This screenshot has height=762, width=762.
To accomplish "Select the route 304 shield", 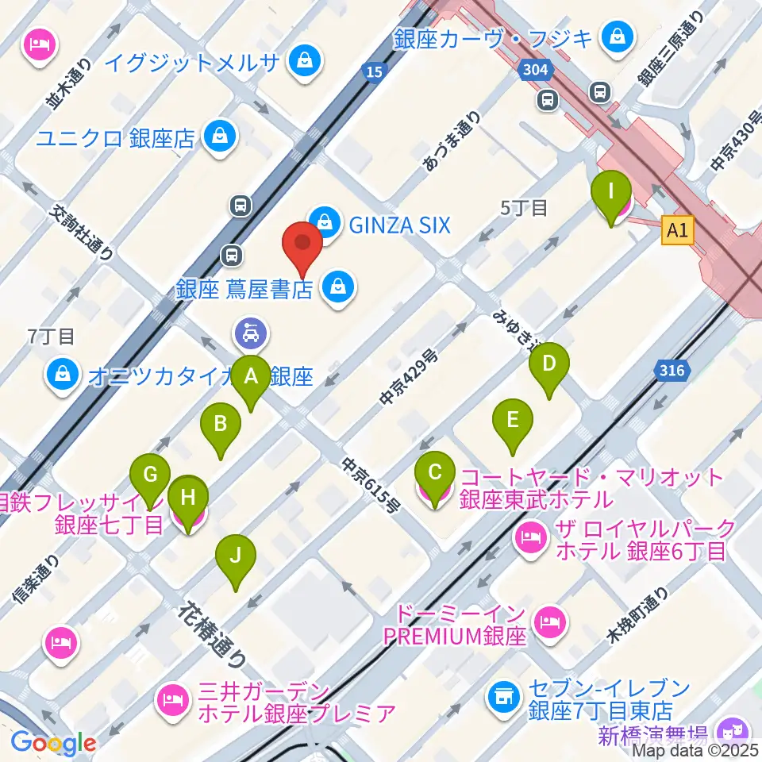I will tap(536, 71).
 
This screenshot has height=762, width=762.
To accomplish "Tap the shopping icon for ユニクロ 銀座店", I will tap(217, 137).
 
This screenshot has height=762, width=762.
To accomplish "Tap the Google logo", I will tap(53, 744).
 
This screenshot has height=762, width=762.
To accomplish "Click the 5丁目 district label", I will tap(524, 209).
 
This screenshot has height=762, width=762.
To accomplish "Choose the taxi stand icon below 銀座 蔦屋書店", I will tap(250, 333).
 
